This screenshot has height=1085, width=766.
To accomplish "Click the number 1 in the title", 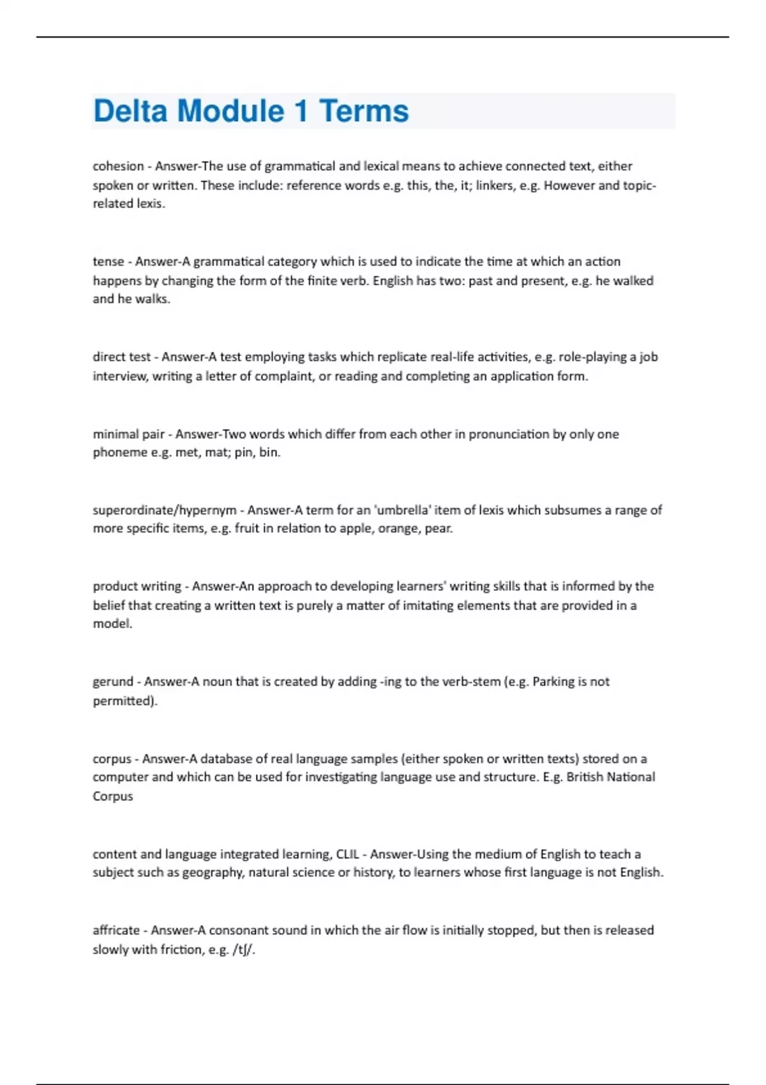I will pyautogui.click(x=301, y=111).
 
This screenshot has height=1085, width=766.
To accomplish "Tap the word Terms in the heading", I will pyautogui.click(x=364, y=111).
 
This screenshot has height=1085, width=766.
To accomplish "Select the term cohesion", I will pyautogui.click(x=118, y=167).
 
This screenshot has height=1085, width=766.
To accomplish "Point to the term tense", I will pyautogui.click(x=108, y=262).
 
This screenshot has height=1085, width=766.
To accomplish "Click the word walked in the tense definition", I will pyautogui.click(x=633, y=281).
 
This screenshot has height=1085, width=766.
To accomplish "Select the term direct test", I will pyautogui.click(x=121, y=357).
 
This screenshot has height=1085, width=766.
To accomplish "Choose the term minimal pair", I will pyautogui.click(x=128, y=434).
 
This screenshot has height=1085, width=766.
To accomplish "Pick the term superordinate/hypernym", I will pyautogui.click(x=165, y=510).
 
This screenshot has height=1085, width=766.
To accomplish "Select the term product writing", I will pyautogui.click(x=137, y=586).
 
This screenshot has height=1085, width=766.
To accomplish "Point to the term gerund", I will pyautogui.click(x=112, y=682).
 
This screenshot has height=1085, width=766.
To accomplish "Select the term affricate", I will pyautogui.click(x=116, y=930).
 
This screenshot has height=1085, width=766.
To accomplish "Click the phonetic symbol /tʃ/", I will pyautogui.click(x=244, y=950).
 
